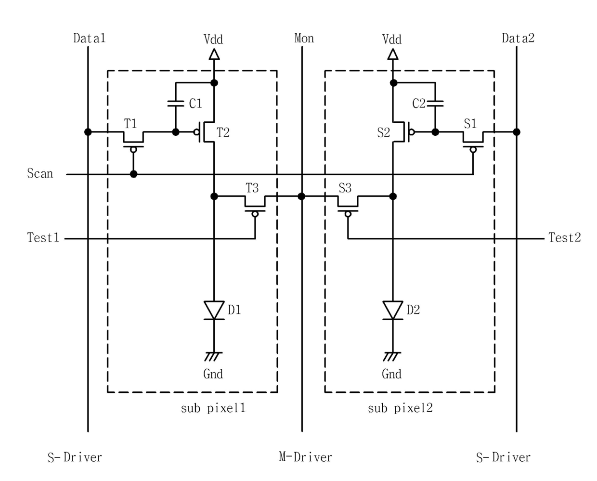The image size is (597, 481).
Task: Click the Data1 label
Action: (90, 38)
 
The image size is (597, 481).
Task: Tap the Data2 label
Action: (518, 38)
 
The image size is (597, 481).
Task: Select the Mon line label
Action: (304, 39)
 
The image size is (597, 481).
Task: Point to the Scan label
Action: (40, 173)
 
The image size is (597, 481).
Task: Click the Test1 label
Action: (43, 238)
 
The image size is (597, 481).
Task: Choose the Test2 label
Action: (565, 238)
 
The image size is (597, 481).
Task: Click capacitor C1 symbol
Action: (176, 104)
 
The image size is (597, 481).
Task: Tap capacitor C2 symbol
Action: (435, 104)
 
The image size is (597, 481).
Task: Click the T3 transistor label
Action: (252, 188)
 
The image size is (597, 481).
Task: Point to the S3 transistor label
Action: (345, 188)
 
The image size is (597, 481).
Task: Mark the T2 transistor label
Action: (223, 132)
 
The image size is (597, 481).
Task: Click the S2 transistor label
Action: (384, 132)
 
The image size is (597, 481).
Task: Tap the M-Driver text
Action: (305, 457)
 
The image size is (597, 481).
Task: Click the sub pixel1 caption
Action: (213, 408)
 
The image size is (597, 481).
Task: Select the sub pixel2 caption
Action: (400, 408)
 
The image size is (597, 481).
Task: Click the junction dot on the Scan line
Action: (134, 174)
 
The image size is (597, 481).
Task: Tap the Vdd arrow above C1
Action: (214, 54)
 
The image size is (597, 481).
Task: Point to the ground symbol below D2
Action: (392, 356)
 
